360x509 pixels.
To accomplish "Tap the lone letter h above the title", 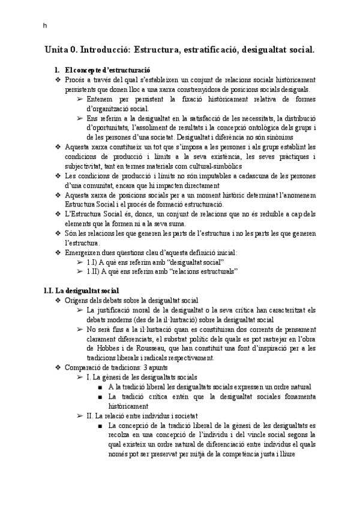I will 44,25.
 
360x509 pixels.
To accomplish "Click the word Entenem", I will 101,98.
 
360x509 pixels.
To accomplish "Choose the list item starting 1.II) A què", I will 162,272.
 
